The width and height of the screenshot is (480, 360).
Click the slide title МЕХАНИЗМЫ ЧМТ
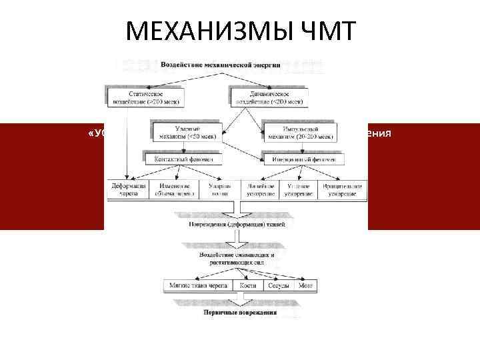240,31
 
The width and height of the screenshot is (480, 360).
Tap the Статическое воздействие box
144,97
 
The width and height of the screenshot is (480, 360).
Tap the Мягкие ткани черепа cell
197,285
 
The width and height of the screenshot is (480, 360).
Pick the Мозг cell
306,285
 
